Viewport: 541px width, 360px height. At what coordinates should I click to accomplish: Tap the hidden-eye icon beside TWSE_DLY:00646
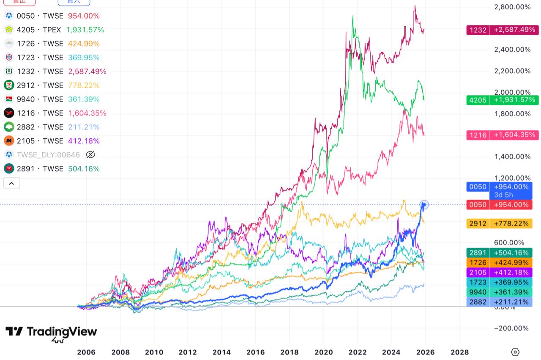click(90, 155)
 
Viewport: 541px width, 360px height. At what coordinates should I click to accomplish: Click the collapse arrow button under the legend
click(11, 183)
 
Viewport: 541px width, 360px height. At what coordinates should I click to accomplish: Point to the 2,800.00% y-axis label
click(512, 7)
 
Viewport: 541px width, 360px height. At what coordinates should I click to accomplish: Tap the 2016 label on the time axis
click(256, 352)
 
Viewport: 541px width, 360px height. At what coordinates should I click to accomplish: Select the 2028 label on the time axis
click(459, 352)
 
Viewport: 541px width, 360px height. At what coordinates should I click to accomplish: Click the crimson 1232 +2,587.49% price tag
click(502, 30)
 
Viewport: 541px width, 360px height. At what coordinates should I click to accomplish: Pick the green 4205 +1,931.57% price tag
click(502, 100)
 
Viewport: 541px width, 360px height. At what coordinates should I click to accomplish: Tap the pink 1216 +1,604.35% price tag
click(502, 135)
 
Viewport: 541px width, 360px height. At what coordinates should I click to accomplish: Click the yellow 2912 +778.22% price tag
click(502, 223)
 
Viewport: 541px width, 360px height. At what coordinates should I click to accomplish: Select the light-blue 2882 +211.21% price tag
click(502, 302)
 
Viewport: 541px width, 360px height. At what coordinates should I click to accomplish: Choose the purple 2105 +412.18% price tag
click(502, 272)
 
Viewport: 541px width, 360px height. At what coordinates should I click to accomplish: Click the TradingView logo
click(51, 332)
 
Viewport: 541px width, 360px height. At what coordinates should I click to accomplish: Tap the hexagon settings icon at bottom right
click(515, 352)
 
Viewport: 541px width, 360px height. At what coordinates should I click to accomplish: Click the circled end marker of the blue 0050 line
click(424, 205)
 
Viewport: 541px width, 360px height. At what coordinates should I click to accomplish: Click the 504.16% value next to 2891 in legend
click(84, 169)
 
